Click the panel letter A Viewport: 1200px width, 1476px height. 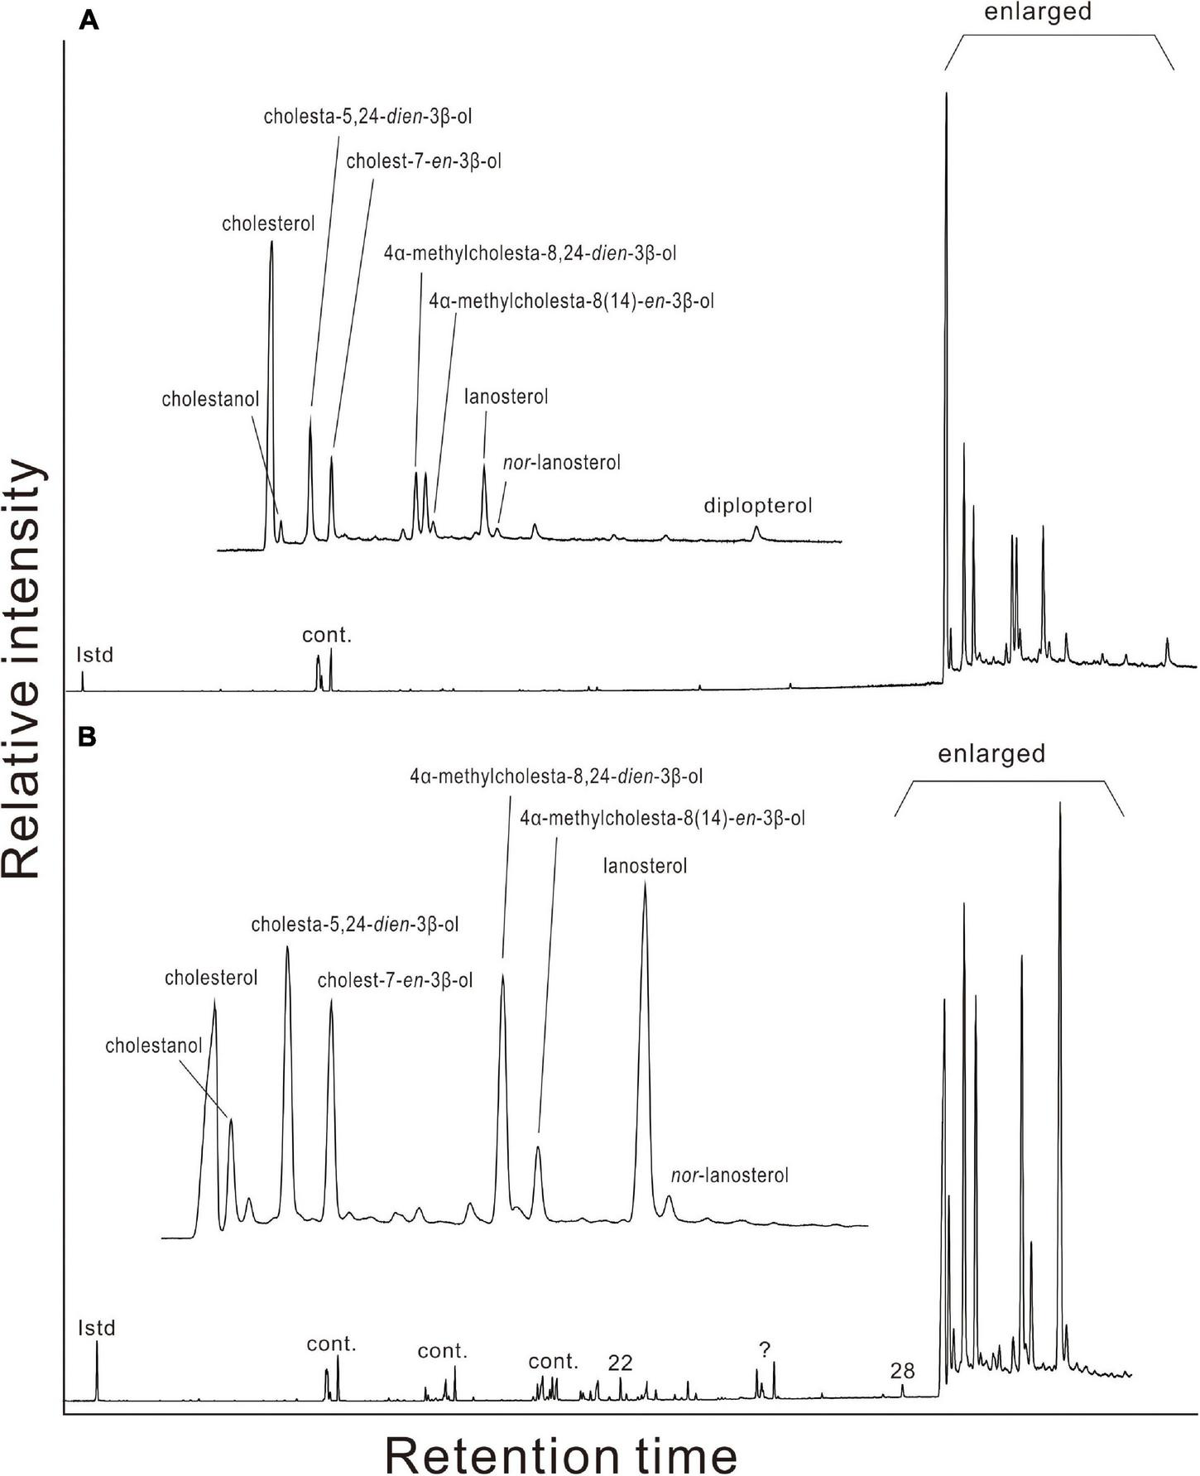[89, 22]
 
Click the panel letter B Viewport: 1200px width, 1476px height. [88, 738]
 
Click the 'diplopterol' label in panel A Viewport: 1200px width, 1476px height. [758, 505]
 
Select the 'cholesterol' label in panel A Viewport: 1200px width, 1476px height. [268, 224]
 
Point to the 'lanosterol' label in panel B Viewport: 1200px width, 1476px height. [646, 867]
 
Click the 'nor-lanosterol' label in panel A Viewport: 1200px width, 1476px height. [562, 463]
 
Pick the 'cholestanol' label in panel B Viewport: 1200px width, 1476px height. [153, 1046]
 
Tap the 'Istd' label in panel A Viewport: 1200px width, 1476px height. [94, 656]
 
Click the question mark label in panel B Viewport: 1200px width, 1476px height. [765, 1350]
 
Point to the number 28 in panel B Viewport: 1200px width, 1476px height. [902, 1371]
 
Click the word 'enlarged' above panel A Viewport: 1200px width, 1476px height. [1038, 12]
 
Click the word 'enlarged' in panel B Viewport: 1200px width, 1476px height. [991, 754]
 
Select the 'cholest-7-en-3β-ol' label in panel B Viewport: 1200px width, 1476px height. [395, 981]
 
